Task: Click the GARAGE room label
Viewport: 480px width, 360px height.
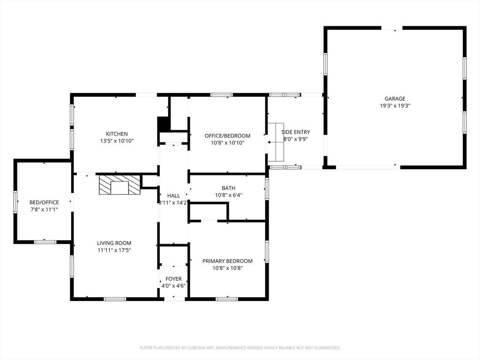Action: [x=395, y=98]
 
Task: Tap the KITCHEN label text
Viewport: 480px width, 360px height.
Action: [x=117, y=134]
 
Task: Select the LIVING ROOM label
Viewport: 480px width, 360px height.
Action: [x=114, y=243]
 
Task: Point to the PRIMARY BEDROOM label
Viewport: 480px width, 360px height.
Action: [x=227, y=261]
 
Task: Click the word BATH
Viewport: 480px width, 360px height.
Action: [x=228, y=188]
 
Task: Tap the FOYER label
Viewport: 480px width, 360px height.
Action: [x=173, y=279]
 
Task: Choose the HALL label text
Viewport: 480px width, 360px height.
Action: [x=173, y=195]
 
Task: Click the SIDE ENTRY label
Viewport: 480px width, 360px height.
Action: [x=296, y=132]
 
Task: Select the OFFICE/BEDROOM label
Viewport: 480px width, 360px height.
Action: [x=227, y=135]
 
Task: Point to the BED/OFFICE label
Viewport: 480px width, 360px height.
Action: [x=44, y=202]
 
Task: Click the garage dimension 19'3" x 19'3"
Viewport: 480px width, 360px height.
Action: [x=395, y=106]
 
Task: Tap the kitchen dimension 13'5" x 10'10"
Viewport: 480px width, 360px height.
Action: [x=117, y=141]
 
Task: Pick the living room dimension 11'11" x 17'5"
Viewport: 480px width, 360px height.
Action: [x=114, y=250]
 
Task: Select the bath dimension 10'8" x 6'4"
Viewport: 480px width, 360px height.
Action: [x=228, y=195]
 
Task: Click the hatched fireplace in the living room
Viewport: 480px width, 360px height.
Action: [x=120, y=184]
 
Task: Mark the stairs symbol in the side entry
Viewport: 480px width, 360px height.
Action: [x=276, y=142]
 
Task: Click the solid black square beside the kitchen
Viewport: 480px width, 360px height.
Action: [x=164, y=124]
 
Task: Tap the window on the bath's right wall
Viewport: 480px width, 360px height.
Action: [x=267, y=189]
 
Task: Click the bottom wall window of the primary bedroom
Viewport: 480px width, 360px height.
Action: [x=227, y=299]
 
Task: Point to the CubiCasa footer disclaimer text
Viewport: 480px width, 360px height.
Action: [x=240, y=348]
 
